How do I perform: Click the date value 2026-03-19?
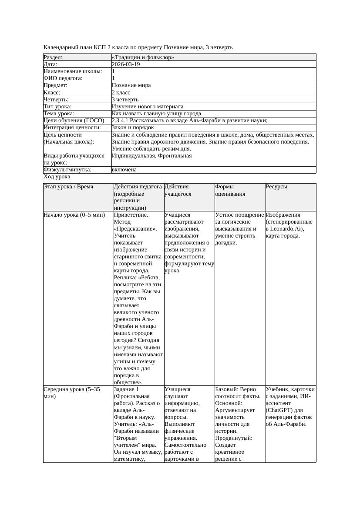pos(126,64)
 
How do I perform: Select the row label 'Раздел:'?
pos(53,57)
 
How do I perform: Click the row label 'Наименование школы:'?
pos(73,71)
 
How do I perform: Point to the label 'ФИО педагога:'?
pos(63,78)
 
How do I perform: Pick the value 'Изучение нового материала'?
pos(148,107)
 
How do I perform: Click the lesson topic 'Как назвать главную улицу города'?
pos(156,114)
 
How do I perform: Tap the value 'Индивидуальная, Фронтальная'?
pos(151,156)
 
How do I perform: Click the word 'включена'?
pos(124,170)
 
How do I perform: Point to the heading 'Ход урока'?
pos(57,177)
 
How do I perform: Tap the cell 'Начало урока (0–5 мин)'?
pos(74,215)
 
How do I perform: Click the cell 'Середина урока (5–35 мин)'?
pos(72,393)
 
